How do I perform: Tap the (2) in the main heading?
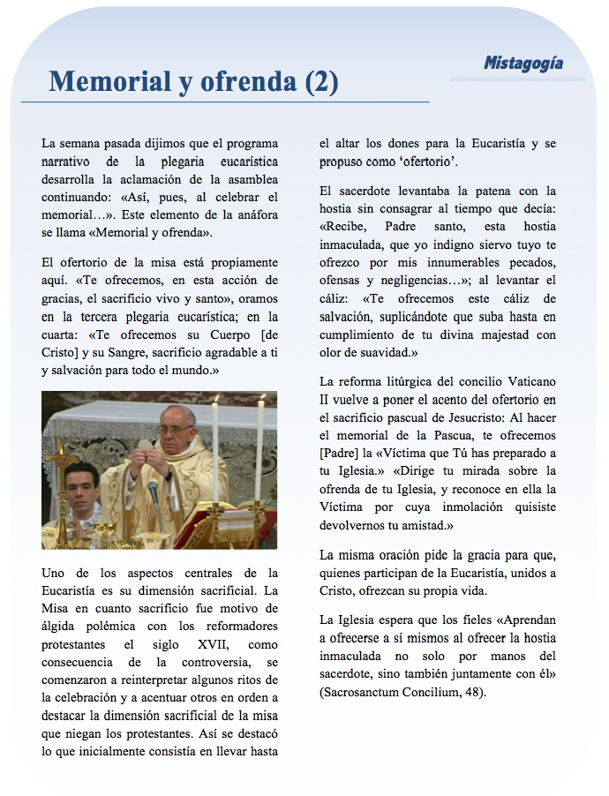pyautogui.click(x=321, y=82)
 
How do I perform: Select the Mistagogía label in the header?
pyautogui.click(x=523, y=64)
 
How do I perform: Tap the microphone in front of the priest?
pyautogui.click(x=154, y=491)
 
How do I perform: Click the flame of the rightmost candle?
pyautogui.click(x=261, y=400)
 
